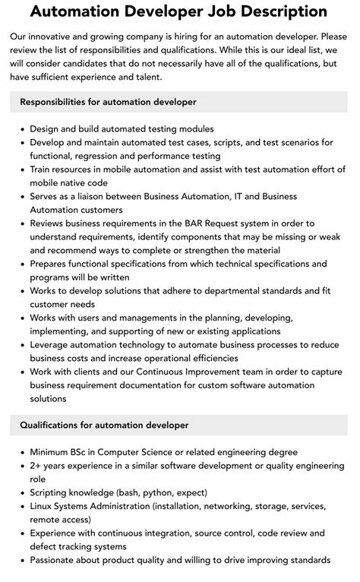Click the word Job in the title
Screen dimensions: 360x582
pos(215,12)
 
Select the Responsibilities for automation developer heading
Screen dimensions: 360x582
pos(108,102)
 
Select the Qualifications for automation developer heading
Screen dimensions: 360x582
pos(104,425)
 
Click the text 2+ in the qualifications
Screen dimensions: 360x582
pos(37,466)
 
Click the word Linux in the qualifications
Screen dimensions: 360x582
pos(43,506)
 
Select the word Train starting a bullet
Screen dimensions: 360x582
pos(43,169)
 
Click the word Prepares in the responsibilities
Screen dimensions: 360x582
pos(52,264)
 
